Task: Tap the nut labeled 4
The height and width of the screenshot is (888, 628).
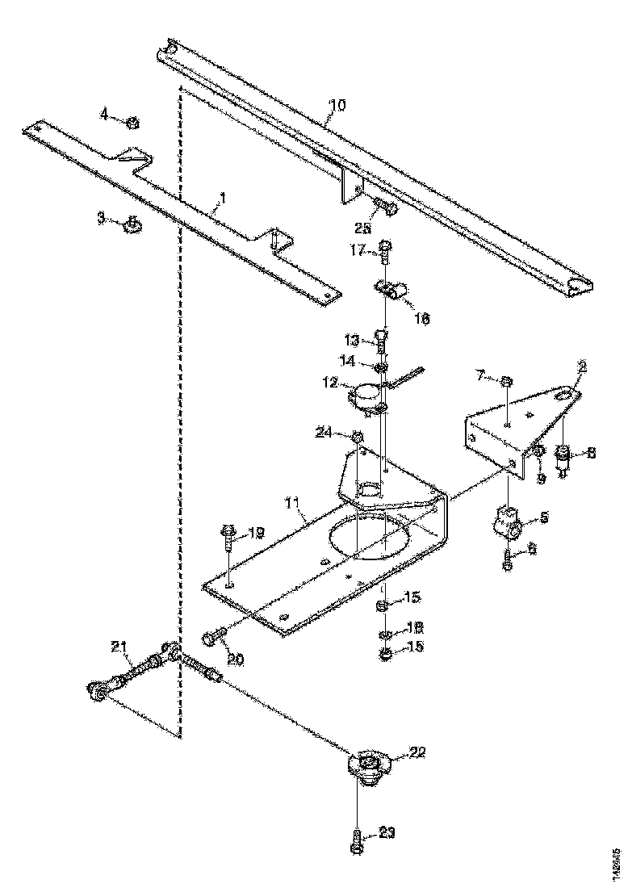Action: coord(134,122)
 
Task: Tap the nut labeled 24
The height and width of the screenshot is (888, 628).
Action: coord(357,437)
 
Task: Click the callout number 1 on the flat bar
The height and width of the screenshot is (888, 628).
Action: coord(223,196)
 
